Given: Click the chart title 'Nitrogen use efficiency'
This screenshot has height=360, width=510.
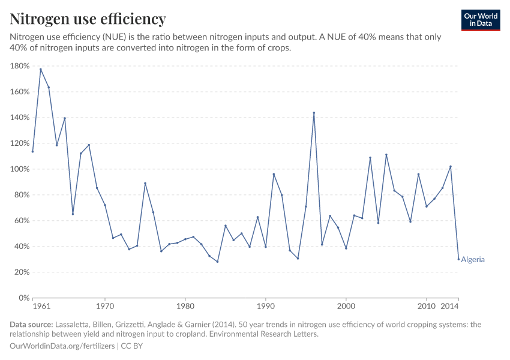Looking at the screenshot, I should [x=88, y=19].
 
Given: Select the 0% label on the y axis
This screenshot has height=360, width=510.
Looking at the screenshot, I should [x=24, y=298].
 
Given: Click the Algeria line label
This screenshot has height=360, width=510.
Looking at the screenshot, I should [x=473, y=260].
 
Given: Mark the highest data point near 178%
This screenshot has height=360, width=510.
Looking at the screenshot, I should [x=41, y=69].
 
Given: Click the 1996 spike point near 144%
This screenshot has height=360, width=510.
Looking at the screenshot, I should [x=314, y=113].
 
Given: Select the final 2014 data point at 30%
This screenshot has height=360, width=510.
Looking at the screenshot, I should [x=458, y=259].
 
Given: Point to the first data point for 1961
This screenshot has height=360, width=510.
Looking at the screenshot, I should [x=32, y=151].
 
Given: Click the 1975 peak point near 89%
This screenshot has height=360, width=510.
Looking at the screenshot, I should [x=145, y=183].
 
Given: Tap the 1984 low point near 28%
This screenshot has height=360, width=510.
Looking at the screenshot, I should [x=217, y=262].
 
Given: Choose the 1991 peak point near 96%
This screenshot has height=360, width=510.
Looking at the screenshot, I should [x=274, y=174].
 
